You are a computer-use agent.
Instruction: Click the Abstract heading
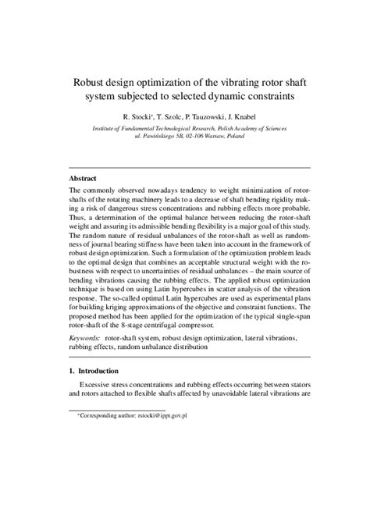83,178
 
